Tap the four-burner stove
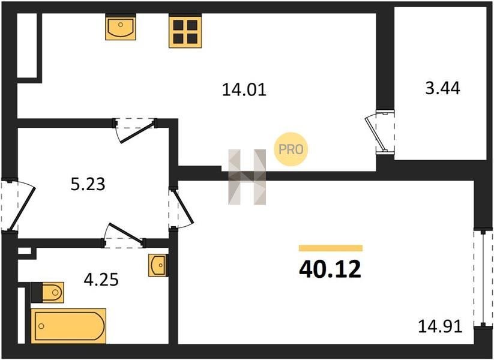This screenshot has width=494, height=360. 185,31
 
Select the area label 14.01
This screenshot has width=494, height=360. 244,89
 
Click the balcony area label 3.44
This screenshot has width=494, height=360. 442,88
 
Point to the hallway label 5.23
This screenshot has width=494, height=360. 88,184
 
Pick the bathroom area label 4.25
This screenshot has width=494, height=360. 101,280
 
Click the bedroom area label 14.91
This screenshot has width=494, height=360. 440,326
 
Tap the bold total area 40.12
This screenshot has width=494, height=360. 330,270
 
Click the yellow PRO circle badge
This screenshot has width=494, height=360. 291,149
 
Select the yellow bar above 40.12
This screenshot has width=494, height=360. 331,248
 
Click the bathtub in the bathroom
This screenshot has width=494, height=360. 68,326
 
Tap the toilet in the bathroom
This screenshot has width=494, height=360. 47,293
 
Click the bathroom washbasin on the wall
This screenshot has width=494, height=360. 158,266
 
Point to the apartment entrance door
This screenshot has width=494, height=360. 17,206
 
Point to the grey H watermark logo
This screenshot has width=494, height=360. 247,177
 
